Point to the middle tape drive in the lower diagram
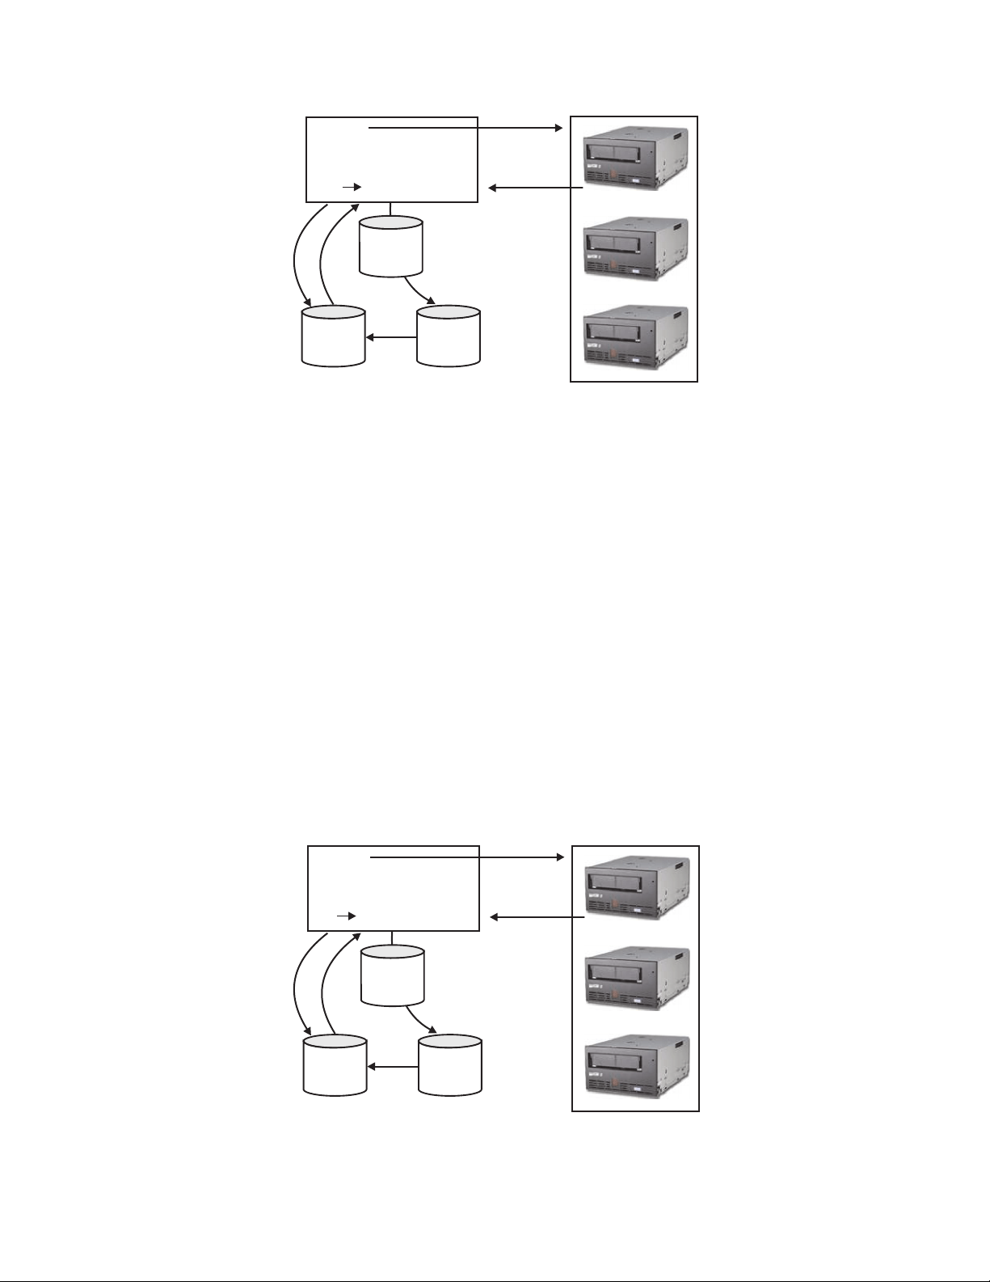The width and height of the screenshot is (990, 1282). [636, 977]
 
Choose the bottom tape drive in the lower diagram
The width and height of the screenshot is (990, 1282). [636, 1064]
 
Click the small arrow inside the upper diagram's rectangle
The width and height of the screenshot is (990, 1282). [352, 186]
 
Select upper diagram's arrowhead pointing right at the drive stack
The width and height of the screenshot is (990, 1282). [558, 128]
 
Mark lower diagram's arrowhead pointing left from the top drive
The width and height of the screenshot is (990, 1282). [495, 917]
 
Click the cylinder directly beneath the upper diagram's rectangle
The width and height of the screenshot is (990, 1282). [392, 246]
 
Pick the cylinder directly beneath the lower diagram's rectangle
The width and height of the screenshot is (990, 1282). [394, 975]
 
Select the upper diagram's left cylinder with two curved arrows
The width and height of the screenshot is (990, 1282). [333, 336]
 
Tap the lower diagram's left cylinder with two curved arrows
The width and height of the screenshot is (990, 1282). [335, 1065]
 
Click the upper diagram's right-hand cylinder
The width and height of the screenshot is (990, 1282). [449, 335]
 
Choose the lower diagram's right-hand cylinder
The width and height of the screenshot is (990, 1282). [451, 1064]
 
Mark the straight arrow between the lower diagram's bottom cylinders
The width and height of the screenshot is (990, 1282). [393, 1067]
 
